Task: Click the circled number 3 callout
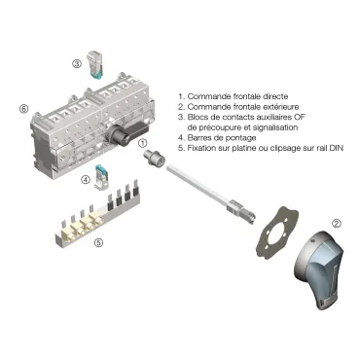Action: point(76,63)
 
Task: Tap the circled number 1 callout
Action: point(145,142)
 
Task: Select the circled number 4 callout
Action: point(86,179)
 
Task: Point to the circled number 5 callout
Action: point(98,242)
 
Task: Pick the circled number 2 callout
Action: point(337,224)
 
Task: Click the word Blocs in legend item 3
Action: point(198,118)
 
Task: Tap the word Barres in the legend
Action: point(199,138)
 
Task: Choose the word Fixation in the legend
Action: point(202,148)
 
